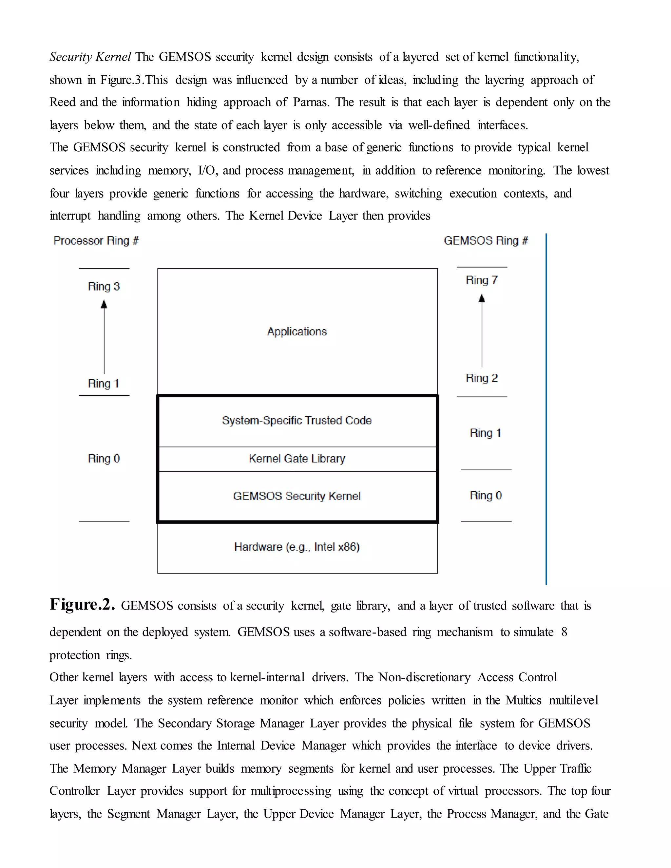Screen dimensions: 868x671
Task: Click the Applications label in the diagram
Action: (x=297, y=331)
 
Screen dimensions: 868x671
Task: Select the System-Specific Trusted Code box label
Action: (x=297, y=421)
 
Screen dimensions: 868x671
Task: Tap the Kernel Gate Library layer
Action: (x=297, y=459)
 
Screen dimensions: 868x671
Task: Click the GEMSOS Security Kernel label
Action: (x=297, y=496)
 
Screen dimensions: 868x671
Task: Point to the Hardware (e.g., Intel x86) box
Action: (x=297, y=547)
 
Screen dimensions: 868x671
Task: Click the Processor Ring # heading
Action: (x=96, y=240)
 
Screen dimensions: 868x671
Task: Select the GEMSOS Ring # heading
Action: (x=486, y=240)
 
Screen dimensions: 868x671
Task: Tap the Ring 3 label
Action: (x=104, y=286)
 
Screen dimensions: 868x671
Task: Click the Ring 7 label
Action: (x=481, y=280)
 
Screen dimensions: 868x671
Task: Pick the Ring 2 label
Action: (x=481, y=378)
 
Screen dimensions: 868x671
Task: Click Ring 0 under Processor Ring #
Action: (x=104, y=459)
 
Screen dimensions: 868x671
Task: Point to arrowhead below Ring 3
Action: (x=104, y=305)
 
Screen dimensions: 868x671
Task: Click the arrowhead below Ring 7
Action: (x=482, y=298)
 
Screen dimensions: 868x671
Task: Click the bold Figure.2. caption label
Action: (x=82, y=605)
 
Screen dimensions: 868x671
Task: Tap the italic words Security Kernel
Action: (x=90, y=57)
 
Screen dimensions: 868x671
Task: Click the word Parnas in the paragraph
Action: (x=311, y=102)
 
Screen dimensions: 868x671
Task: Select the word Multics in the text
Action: (x=523, y=700)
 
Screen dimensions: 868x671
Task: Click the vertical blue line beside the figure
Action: (x=546, y=409)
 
